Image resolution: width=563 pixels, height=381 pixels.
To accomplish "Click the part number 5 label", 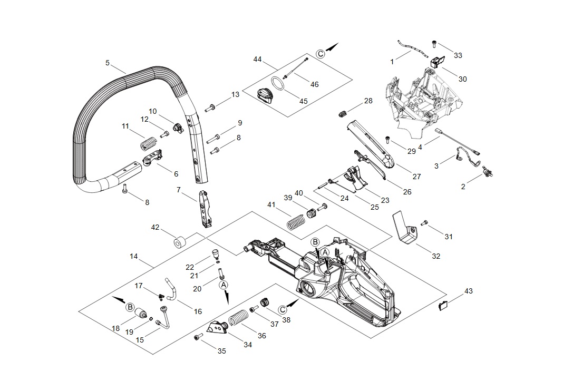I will [108, 63].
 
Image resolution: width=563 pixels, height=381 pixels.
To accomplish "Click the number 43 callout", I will [469, 290].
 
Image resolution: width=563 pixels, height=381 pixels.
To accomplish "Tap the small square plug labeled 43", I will [444, 304].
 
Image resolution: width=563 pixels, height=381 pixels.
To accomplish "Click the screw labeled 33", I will [434, 44].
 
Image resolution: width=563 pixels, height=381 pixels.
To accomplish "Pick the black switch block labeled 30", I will [438, 62].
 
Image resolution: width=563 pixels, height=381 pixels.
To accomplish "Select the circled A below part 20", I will [224, 284].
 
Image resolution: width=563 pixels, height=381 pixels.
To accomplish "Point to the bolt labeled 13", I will [210, 109].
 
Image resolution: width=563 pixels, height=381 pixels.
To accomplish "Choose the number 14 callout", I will [133, 256].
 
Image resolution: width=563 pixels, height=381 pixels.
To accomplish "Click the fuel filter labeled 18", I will [140, 315].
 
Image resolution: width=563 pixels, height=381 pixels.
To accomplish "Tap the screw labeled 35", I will [199, 337].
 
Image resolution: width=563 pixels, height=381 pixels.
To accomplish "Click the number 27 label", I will [416, 177].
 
